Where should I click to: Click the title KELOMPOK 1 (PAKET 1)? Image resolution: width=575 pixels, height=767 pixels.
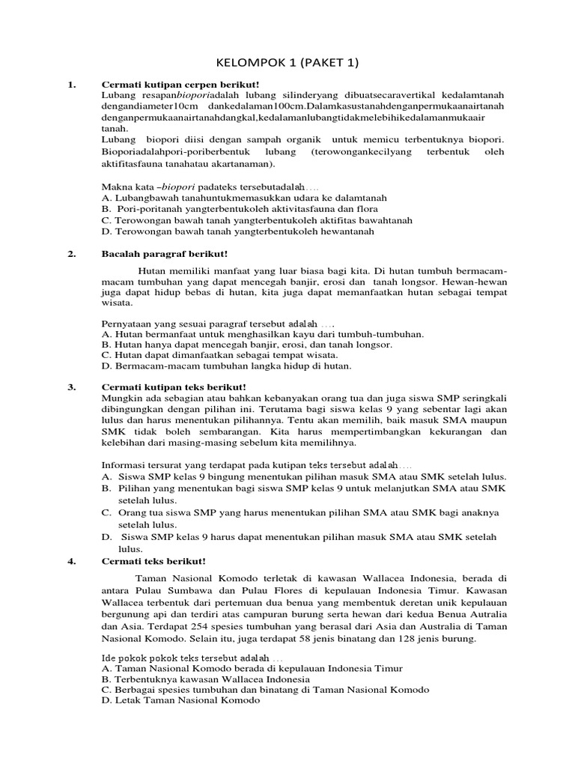(x=287, y=64)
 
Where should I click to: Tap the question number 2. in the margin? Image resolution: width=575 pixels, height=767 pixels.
(x=72, y=255)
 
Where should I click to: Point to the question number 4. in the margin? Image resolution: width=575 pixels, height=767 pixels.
(x=72, y=560)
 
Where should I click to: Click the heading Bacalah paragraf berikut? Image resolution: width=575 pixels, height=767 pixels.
(x=164, y=255)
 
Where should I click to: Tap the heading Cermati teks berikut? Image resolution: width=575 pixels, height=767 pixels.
(x=153, y=560)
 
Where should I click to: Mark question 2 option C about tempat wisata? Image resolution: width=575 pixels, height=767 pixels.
(x=219, y=355)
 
